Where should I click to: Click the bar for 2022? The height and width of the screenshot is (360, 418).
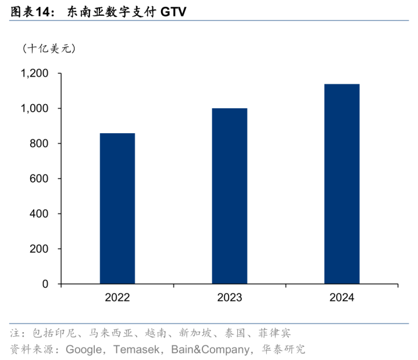(x=117, y=208)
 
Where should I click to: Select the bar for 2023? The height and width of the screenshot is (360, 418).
(x=229, y=196)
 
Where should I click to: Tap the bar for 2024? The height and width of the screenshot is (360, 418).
(x=341, y=184)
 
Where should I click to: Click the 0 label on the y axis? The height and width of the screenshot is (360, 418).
(x=44, y=284)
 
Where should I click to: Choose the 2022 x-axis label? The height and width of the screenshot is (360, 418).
(x=117, y=298)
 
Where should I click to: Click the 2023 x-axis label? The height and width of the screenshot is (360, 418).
(x=229, y=298)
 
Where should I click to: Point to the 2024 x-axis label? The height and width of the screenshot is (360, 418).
(x=341, y=298)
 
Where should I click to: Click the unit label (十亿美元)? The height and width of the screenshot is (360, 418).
(x=49, y=48)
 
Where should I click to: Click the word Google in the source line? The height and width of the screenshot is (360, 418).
(x=84, y=350)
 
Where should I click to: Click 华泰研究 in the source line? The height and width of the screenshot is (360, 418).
(x=284, y=350)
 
